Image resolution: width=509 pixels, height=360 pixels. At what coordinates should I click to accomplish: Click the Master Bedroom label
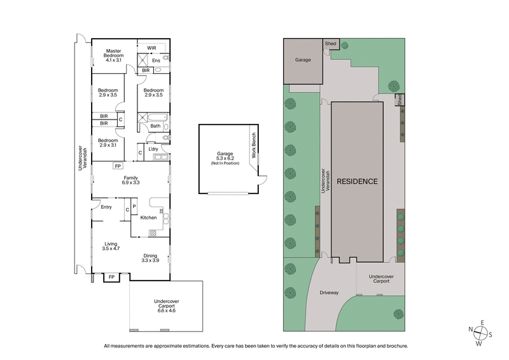tap(114, 54)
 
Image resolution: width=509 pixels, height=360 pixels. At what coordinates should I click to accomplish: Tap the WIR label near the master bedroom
tap(151, 48)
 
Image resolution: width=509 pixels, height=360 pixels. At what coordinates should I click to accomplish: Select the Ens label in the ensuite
tap(156, 60)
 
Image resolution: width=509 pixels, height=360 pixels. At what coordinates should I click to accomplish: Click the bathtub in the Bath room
tap(156, 117)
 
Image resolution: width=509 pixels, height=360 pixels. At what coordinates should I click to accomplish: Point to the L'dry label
tap(153, 149)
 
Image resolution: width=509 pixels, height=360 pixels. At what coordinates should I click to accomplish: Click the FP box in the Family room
tap(118, 167)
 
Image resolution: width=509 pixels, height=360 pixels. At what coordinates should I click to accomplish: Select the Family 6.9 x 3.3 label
tap(131, 180)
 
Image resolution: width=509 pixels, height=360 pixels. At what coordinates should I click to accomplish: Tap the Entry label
tap(106, 206)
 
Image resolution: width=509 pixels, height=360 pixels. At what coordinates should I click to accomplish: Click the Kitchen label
tap(148, 218)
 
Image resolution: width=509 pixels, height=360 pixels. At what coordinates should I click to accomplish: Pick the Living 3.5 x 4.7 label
tap(111, 246)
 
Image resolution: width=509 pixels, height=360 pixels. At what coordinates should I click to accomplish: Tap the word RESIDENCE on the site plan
tap(357, 181)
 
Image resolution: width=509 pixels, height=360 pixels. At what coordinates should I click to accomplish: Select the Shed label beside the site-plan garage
tap(331, 44)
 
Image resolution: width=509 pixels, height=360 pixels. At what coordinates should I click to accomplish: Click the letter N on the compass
tap(470, 329)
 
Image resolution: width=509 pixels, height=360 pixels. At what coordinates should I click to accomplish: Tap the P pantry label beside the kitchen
tap(134, 206)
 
